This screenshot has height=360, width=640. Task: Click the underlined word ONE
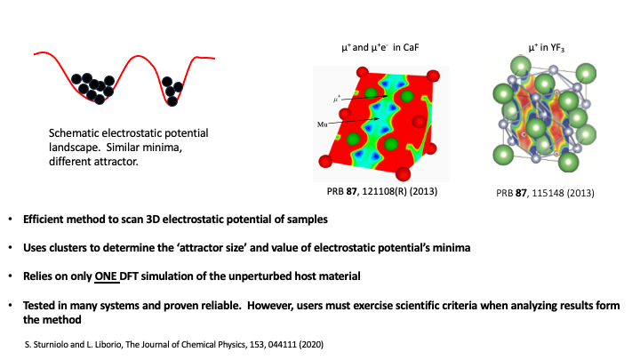(106, 276)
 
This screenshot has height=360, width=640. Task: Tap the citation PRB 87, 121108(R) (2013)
(382, 191)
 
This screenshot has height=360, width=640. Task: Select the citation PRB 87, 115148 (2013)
(545, 193)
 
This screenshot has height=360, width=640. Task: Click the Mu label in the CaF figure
(323, 124)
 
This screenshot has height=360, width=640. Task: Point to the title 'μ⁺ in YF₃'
(546, 48)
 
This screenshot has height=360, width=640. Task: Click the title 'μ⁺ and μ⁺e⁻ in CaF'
(380, 47)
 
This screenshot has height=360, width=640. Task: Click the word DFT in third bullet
(129, 276)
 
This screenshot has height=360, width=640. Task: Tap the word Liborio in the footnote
(108, 345)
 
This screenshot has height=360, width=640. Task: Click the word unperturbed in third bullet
(260, 276)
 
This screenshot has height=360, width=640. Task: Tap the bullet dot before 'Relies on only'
(11, 276)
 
